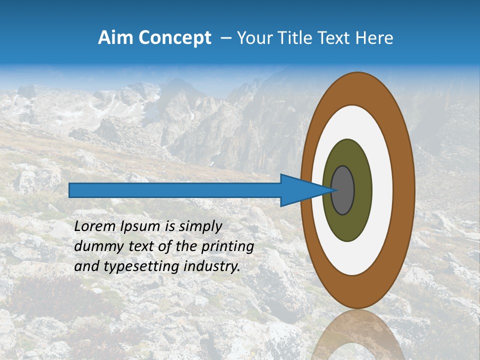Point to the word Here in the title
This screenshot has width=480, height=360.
coord(374,38)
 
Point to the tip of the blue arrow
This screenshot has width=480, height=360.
coord(334,190)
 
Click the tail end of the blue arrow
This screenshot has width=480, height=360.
coord(71,190)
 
